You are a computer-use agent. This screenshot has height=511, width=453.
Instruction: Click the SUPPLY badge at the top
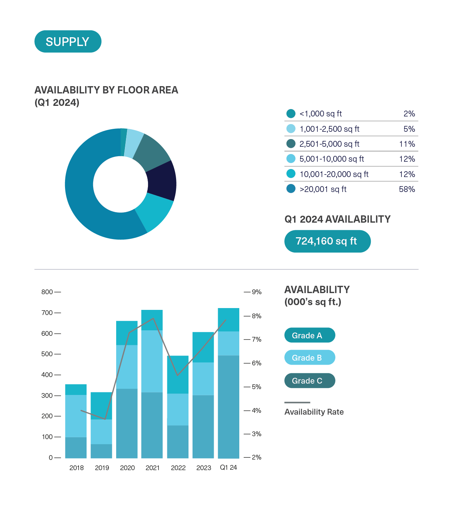click(68, 42)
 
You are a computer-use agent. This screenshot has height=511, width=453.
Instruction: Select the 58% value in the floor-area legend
click(407, 189)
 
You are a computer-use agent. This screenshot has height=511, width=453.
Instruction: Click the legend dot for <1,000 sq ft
click(291, 114)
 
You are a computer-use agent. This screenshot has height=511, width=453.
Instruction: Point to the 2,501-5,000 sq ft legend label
click(329, 144)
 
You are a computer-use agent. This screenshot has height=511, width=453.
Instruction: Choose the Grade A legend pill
click(309, 335)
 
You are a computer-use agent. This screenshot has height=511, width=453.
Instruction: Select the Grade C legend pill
click(309, 381)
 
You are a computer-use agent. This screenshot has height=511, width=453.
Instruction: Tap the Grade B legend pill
click(309, 358)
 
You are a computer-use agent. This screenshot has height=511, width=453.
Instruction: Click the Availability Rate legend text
click(314, 412)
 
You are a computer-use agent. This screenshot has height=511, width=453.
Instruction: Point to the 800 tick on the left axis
click(47, 292)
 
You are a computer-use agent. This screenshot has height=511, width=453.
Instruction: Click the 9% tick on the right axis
click(256, 292)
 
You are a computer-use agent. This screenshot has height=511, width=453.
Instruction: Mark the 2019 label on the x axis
click(102, 468)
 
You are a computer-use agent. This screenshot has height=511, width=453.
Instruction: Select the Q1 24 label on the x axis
click(228, 468)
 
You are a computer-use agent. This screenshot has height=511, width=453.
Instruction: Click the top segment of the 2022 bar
click(178, 374)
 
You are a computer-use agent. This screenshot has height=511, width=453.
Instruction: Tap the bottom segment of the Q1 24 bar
click(228, 407)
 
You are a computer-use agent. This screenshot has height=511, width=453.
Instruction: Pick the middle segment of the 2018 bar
click(76, 416)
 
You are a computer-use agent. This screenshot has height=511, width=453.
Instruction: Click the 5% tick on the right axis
click(256, 387)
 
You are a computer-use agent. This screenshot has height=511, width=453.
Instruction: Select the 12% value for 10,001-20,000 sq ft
click(407, 174)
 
